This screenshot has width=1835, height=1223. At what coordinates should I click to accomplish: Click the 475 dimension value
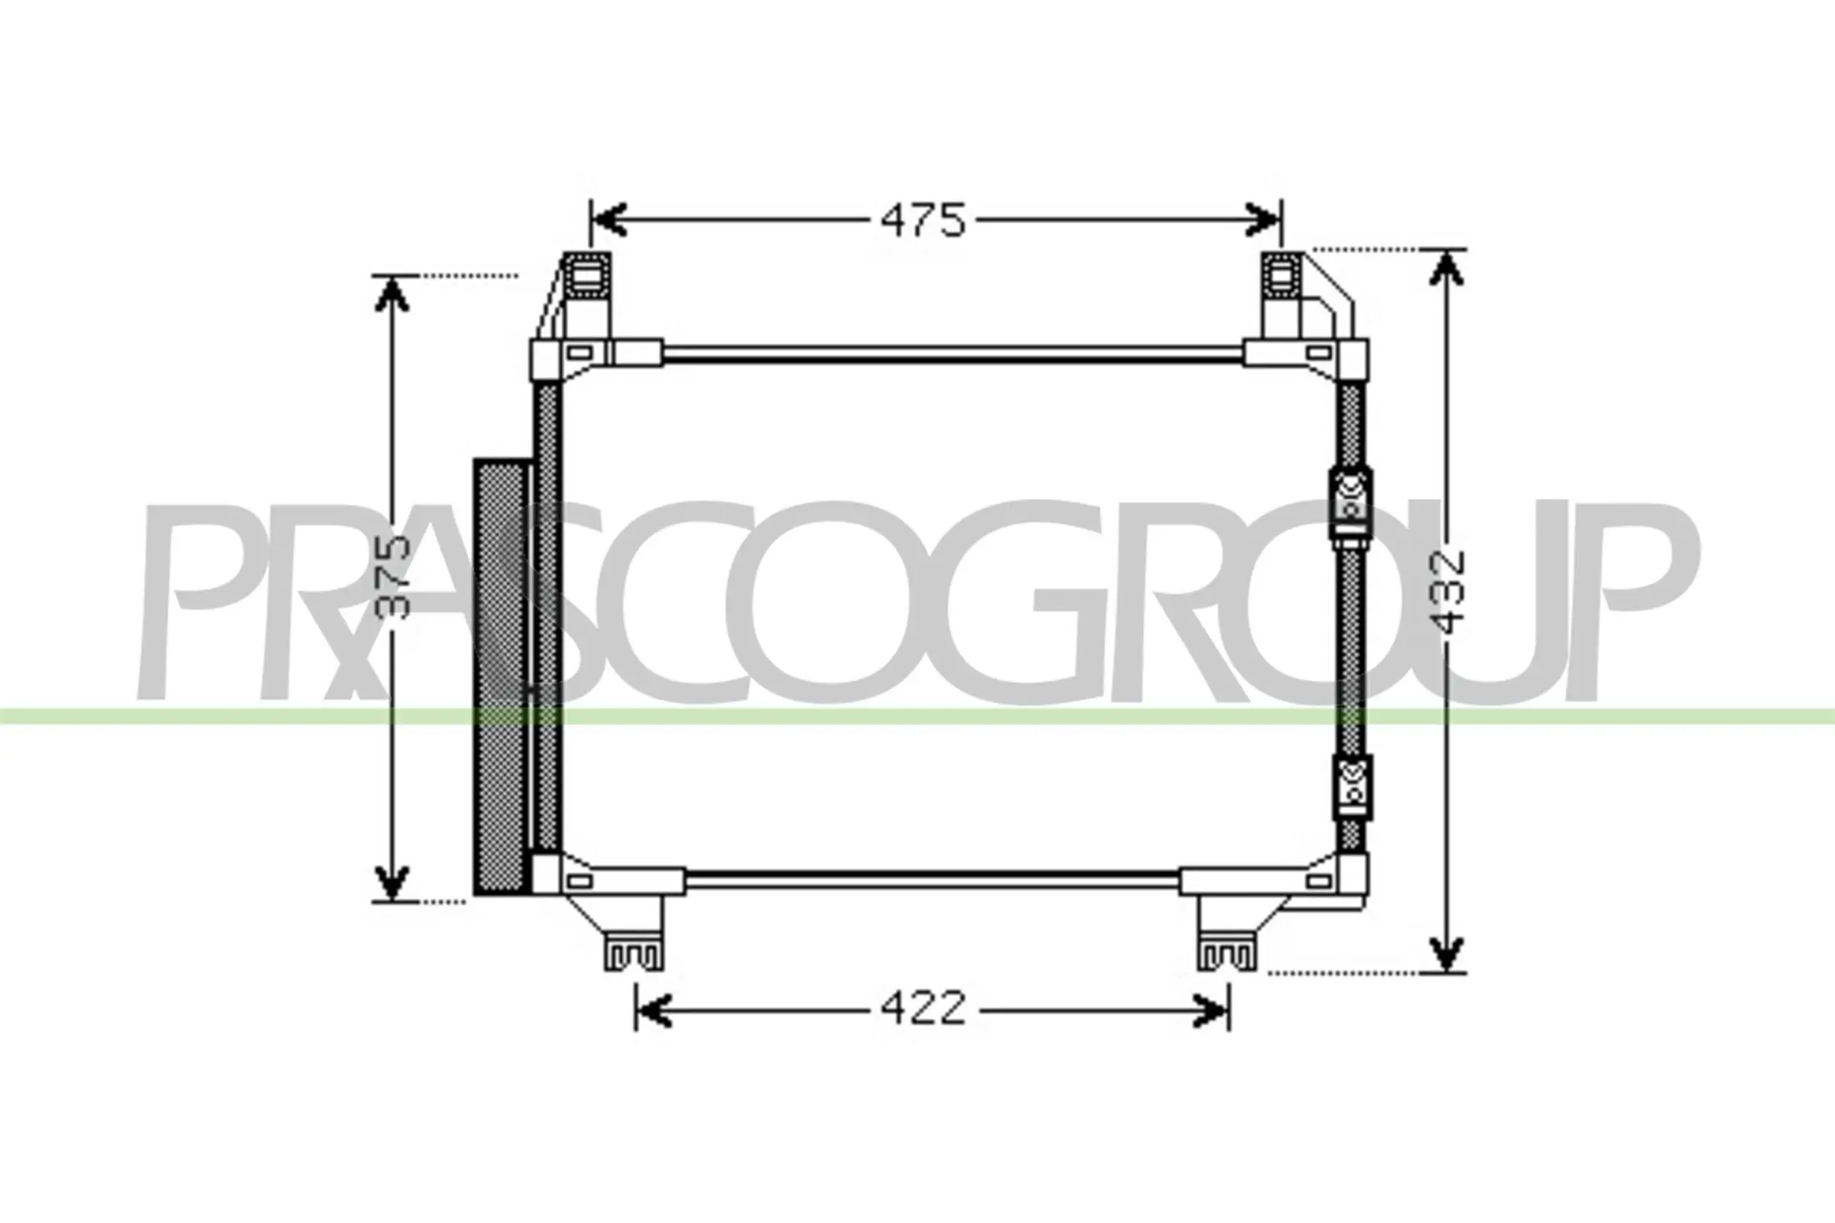tap(923, 221)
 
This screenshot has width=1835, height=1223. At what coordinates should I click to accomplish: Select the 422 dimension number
tap(923, 1008)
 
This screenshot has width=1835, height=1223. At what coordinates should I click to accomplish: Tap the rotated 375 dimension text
tap(391, 578)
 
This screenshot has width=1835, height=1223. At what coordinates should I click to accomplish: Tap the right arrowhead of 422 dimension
tap(1212, 1011)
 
